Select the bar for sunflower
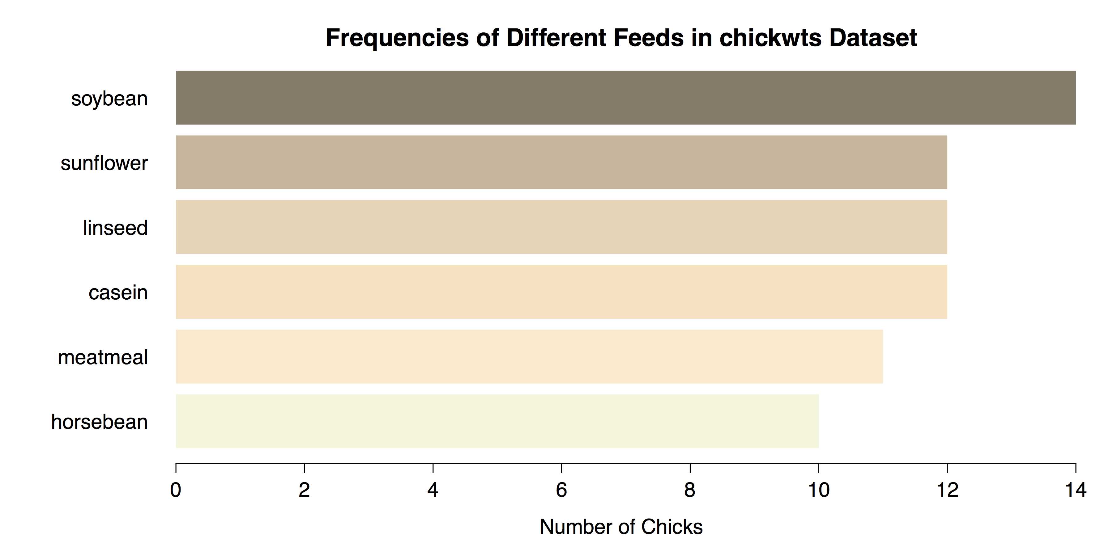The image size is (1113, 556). point(561,162)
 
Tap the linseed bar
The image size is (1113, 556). point(561,227)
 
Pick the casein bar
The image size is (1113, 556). point(561,292)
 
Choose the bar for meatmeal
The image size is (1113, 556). point(529,356)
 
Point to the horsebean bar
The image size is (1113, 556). point(497,421)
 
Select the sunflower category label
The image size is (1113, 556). point(104,163)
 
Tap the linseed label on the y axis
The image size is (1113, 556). point(115,228)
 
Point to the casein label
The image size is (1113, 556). point(118,293)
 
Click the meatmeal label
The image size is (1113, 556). point(103,357)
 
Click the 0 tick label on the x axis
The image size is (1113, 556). point(175,490)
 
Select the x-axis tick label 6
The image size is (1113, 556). point(561,490)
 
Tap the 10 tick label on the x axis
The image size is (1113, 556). point(818,490)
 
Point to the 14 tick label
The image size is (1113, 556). point(1075,490)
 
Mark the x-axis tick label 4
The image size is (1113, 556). point(433,490)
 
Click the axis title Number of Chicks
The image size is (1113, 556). point(621,527)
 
